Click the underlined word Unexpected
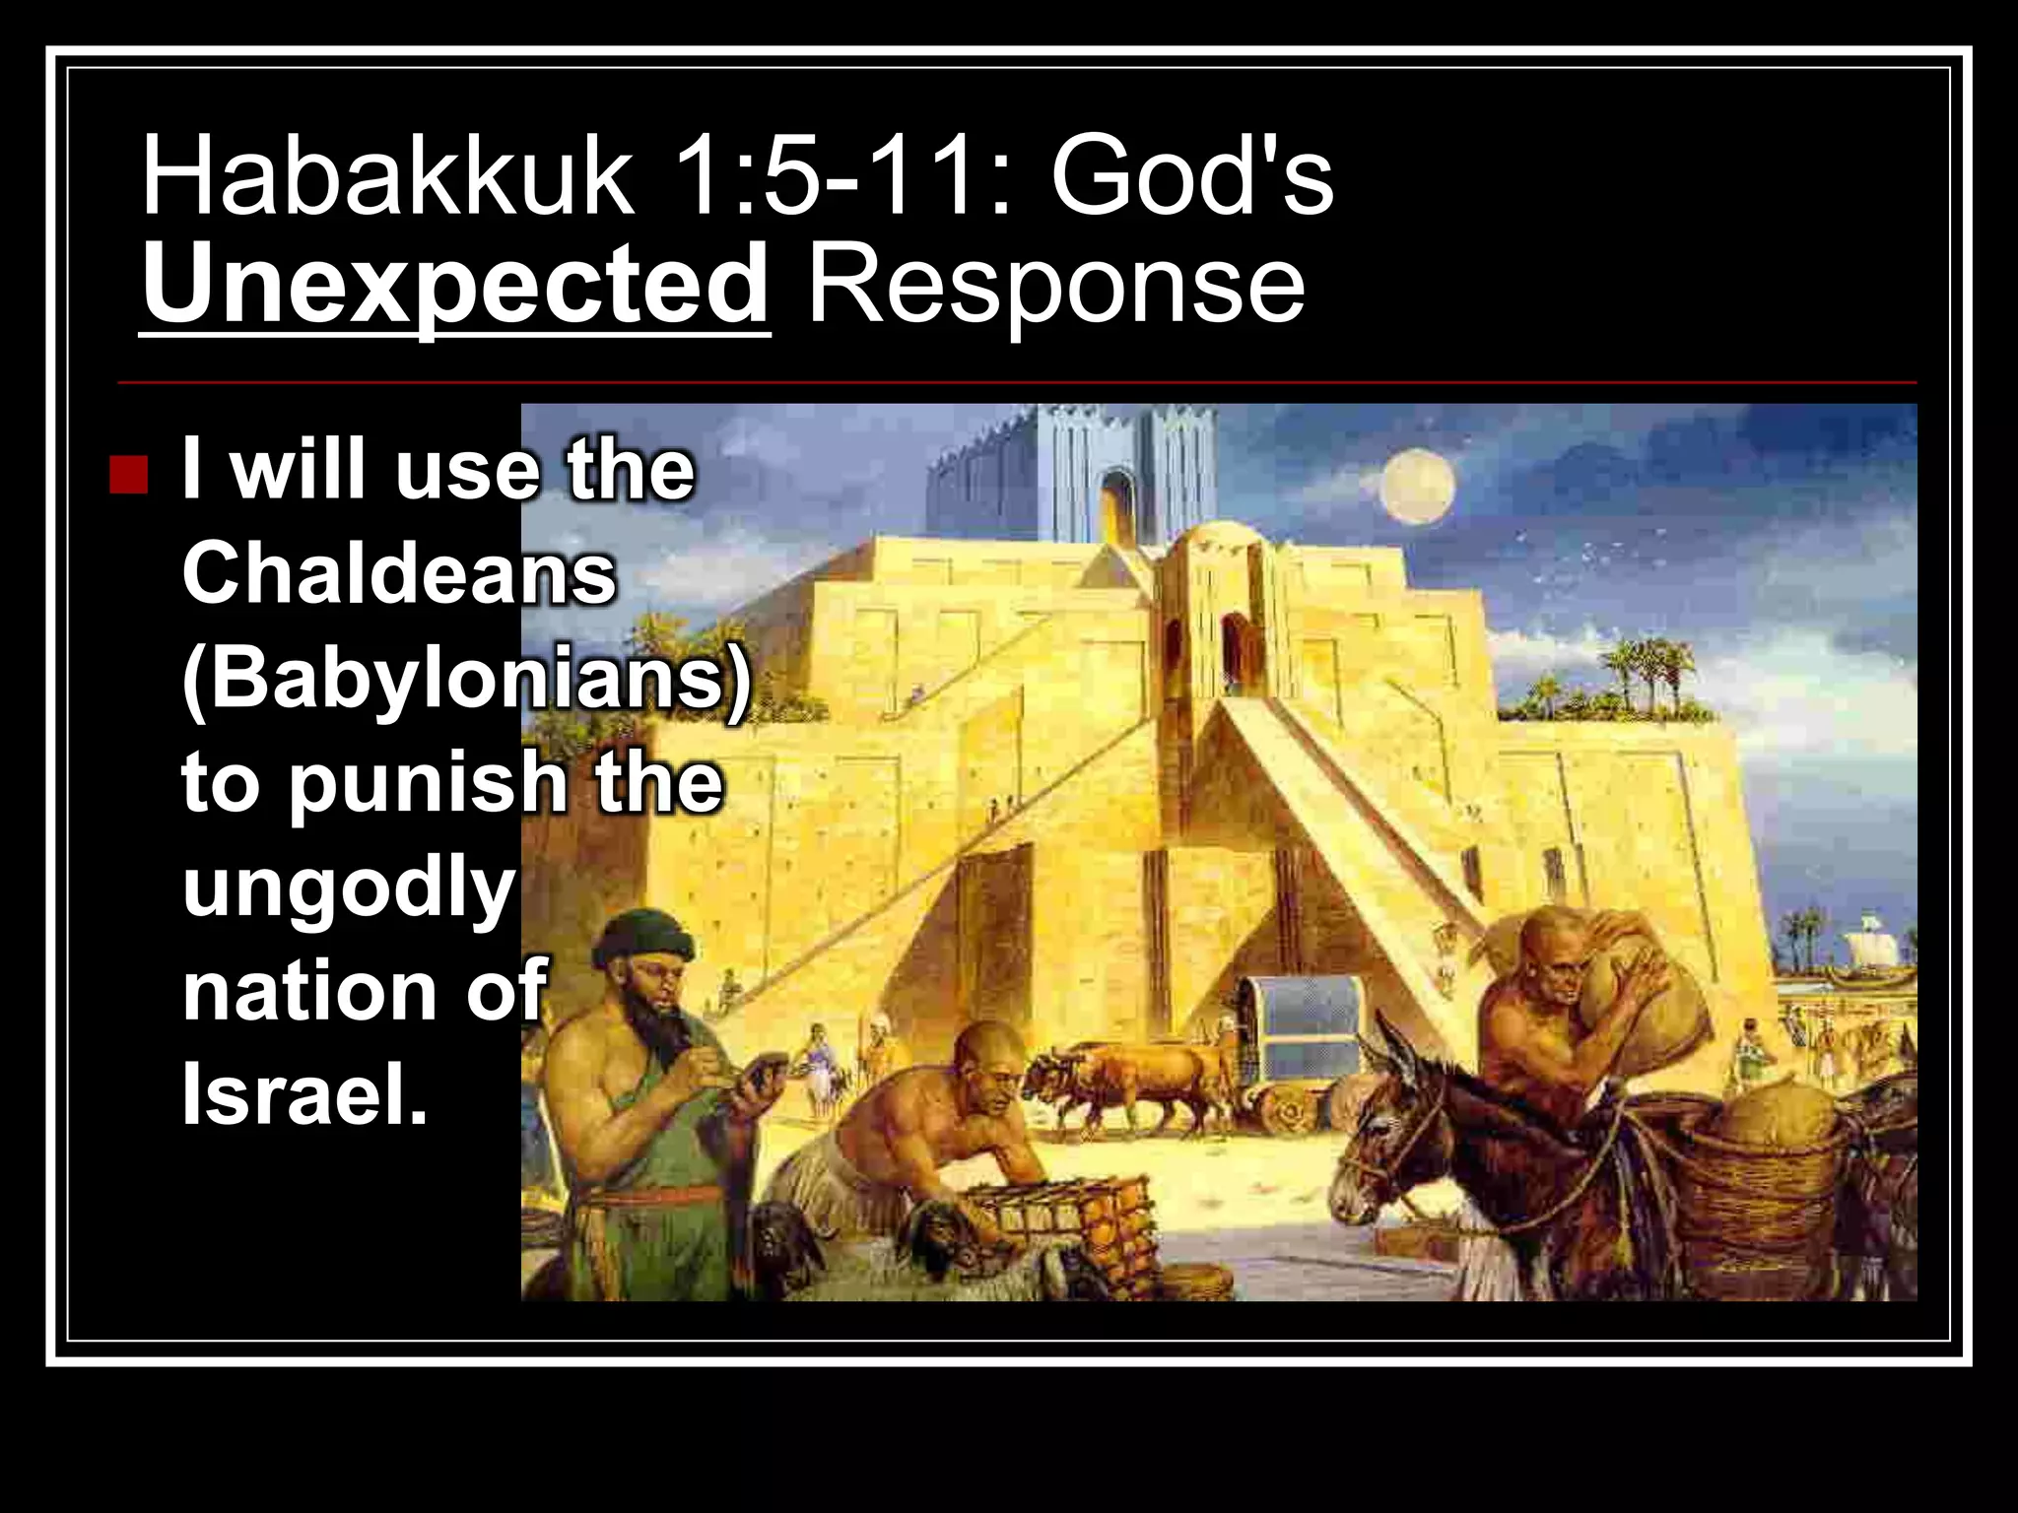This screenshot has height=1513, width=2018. (454, 286)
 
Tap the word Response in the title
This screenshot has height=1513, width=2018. (1055, 286)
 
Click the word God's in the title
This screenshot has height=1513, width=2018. (1191, 178)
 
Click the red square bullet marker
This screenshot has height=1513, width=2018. (129, 475)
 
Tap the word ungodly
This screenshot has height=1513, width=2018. (349, 887)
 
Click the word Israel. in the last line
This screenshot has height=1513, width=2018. (304, 1095)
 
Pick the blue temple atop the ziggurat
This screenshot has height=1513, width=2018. (1074, 473)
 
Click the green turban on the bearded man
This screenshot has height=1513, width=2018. (645, 936)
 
